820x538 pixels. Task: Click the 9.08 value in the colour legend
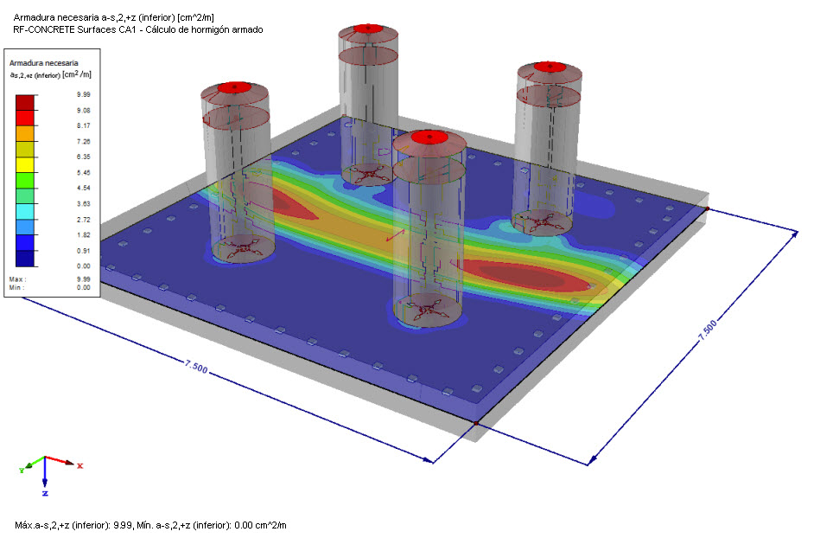tap(83, 111)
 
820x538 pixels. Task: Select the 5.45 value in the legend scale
tap(83, 173)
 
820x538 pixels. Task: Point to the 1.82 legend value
tap(83, 235)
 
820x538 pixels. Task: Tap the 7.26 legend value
tap(83, 141)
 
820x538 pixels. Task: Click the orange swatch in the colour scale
tap(24, 133)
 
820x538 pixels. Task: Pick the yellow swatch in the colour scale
tap(24, 165)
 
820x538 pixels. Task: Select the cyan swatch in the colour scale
tap(24, 211)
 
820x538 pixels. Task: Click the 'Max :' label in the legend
tap(17, 279)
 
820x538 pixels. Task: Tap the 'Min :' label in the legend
tap(16, 287)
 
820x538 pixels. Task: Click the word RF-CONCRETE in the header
tap(44, 29)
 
